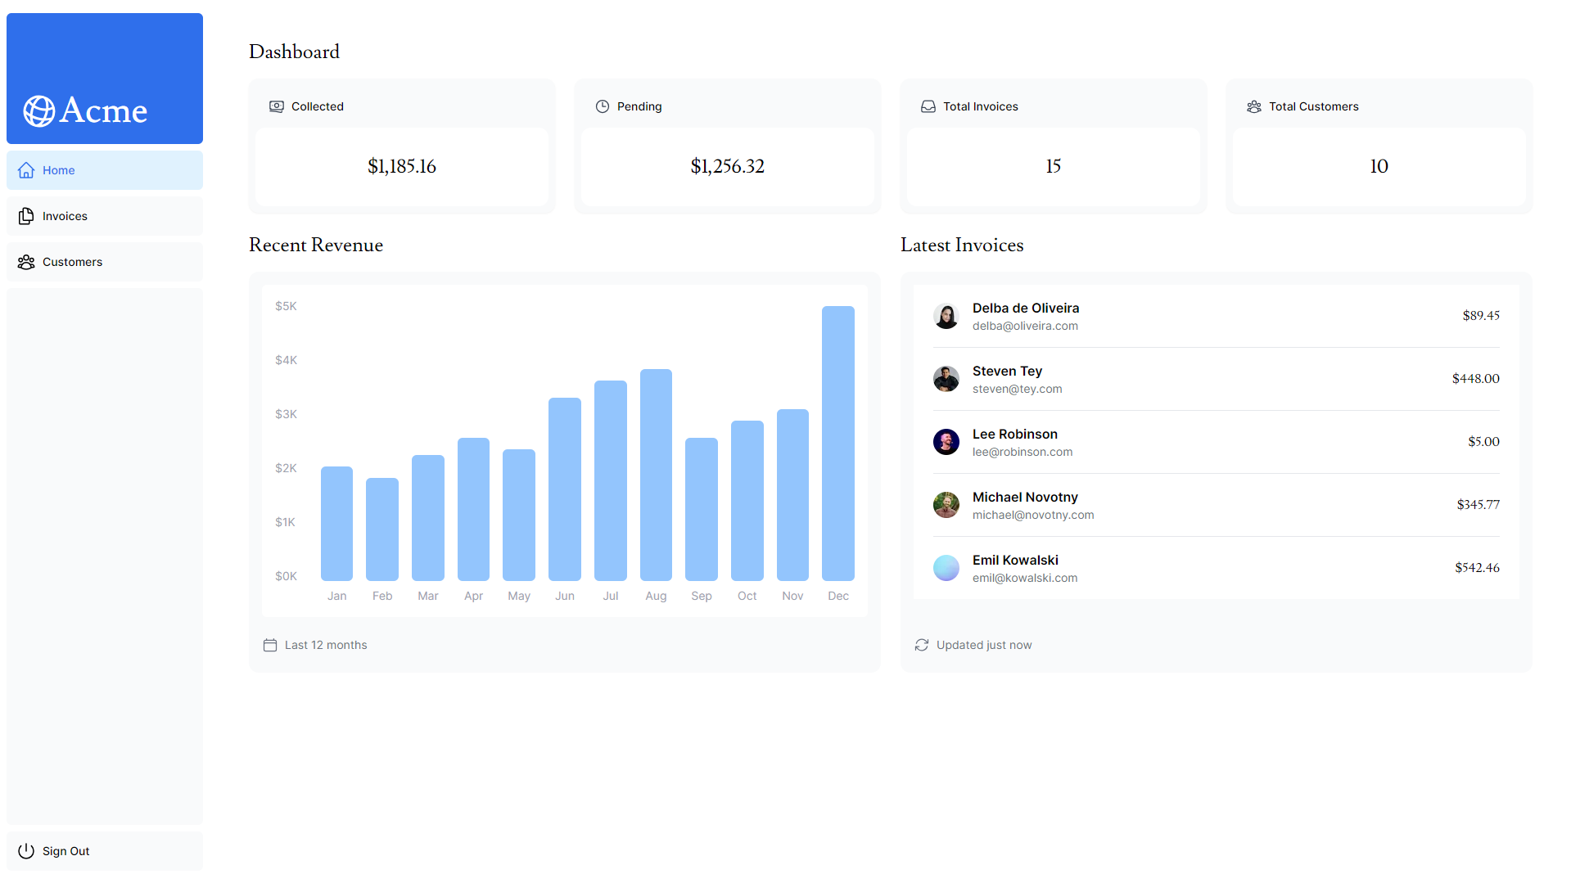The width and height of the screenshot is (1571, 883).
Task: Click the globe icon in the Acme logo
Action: coord(39,111)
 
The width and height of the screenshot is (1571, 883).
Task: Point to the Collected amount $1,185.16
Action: coord(401,166)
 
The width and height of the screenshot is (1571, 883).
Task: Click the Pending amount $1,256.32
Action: coord(727,166)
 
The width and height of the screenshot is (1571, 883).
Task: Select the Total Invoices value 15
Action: coord(1053,166)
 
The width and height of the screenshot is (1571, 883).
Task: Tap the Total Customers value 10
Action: coord(1379,166)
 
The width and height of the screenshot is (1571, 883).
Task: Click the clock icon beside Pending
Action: coord(603,106)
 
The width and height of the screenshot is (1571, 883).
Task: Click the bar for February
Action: coord(382,529)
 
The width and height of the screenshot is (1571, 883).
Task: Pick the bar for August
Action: coord(656,475)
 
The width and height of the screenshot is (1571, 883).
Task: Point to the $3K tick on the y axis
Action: coord(286,414)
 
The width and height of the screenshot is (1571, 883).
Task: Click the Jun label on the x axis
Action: coord(565,596)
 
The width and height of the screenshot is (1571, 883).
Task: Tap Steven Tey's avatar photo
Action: coord(946,379)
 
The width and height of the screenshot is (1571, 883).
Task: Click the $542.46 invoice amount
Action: coord(1477,568)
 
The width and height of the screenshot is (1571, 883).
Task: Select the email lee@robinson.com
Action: coord(1023,452)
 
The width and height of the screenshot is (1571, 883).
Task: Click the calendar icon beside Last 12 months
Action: coord(270,645)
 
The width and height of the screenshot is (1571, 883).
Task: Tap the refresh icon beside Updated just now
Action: coord(922,645)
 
